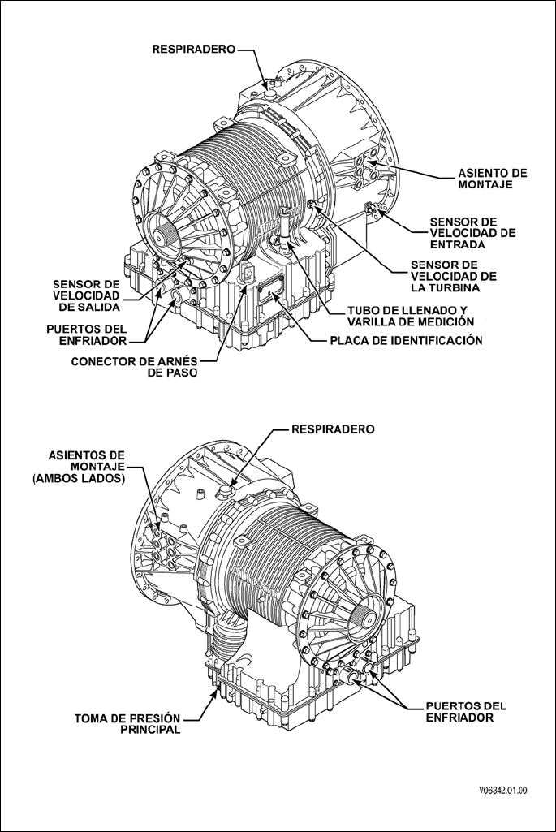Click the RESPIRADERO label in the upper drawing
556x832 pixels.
click(193, 49)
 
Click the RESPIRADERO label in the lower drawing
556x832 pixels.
click(333, 429)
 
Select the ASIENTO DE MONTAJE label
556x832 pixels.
click(493, 179)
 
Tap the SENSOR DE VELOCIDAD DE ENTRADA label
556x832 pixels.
click(472, 233)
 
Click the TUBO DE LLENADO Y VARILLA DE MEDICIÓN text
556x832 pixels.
click(407, 317)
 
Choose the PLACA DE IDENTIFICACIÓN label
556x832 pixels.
click(407, 341)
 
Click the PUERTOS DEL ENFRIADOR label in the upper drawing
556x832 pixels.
click(87, 335)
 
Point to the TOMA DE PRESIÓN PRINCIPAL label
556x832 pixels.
click(127, 723)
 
